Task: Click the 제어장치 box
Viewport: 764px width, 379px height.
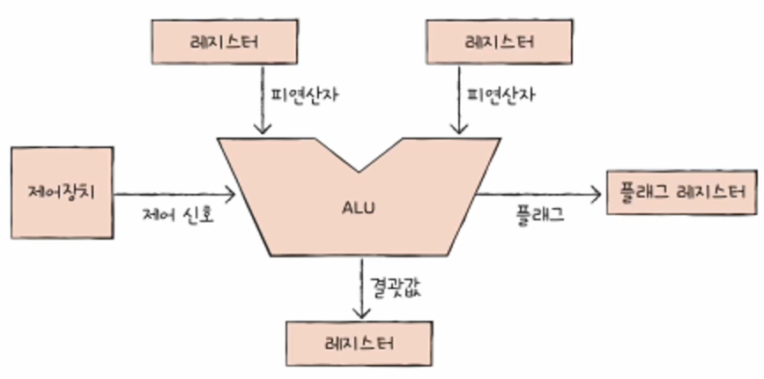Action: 61,192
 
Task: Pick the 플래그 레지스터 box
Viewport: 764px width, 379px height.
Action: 683,192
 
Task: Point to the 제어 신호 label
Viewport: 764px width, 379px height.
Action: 179,214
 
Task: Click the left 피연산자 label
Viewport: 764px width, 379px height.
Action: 295,92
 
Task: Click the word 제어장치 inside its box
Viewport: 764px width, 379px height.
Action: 61,192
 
